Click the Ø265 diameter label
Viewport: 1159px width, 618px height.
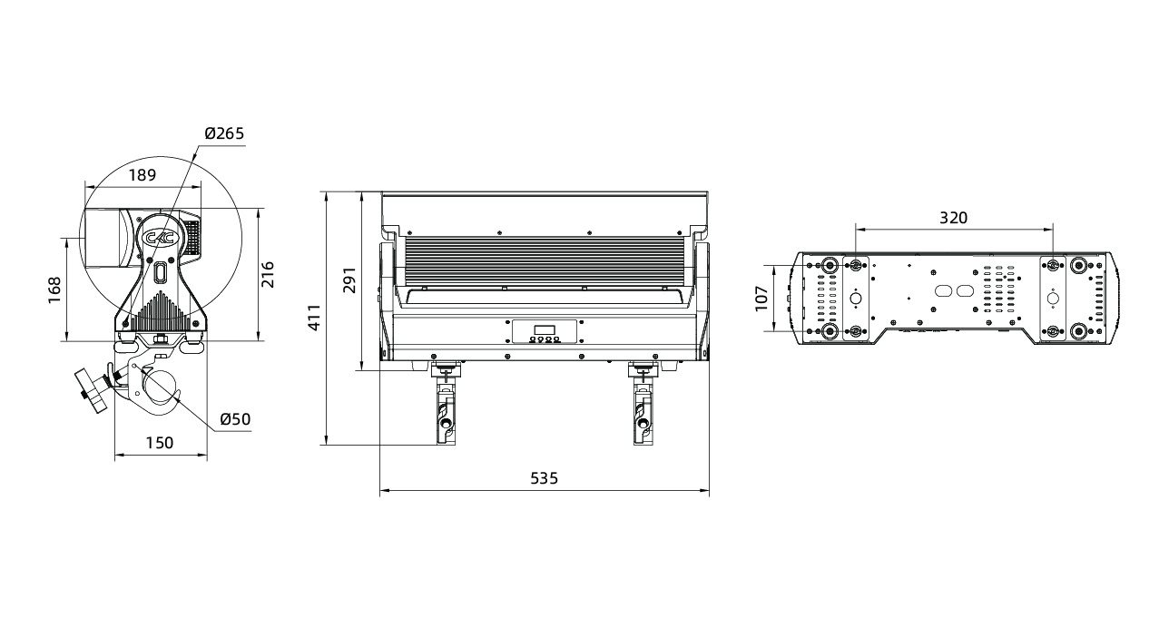pos(224,133)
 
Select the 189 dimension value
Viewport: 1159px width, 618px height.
pos(142,175)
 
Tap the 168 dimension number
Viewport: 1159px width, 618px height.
pos(54,290)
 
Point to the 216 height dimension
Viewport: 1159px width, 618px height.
pos(268,275)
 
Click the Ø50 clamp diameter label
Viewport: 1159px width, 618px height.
pos(235,419)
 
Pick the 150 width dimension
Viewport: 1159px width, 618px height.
pos(160,443)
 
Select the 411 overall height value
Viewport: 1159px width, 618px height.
pos(314,318)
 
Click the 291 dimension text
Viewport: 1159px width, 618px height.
pos(350,280)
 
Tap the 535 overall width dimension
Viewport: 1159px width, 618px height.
pos(545,478)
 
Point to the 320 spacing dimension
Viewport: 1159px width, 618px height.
pos(953,218)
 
